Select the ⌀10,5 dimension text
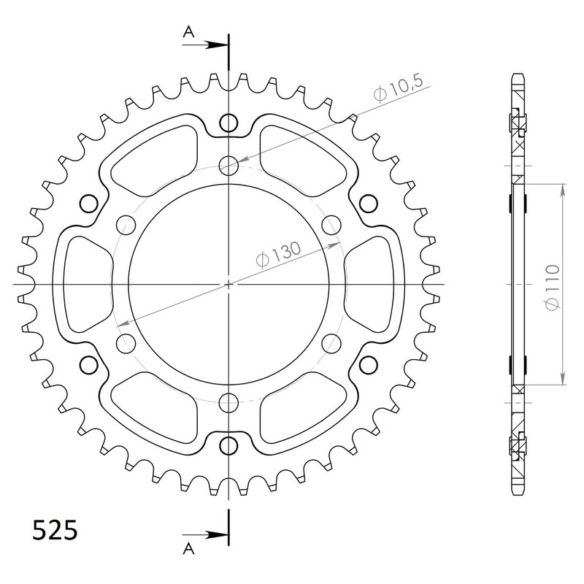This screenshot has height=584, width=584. click(x=398, y=91)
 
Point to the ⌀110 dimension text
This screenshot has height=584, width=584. click(x=553, y=287)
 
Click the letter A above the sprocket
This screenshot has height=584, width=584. click(x=188, y=31)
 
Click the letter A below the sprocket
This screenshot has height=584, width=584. click(x=188, y=547)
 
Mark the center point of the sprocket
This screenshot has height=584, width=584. click(x=229, y=284)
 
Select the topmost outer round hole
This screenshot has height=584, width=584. click(x=229, y=122)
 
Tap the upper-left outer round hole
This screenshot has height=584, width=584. click(x=89, y=203)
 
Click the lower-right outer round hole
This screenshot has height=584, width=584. click(x=369, y=364)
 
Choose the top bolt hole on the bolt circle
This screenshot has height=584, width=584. click(x=229, y=166)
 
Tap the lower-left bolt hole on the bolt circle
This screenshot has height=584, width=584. click(x=126, y=342)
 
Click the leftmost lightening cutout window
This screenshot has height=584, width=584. click(x=82, y=283)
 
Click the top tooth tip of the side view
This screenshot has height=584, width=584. click(x=518, y=76)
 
